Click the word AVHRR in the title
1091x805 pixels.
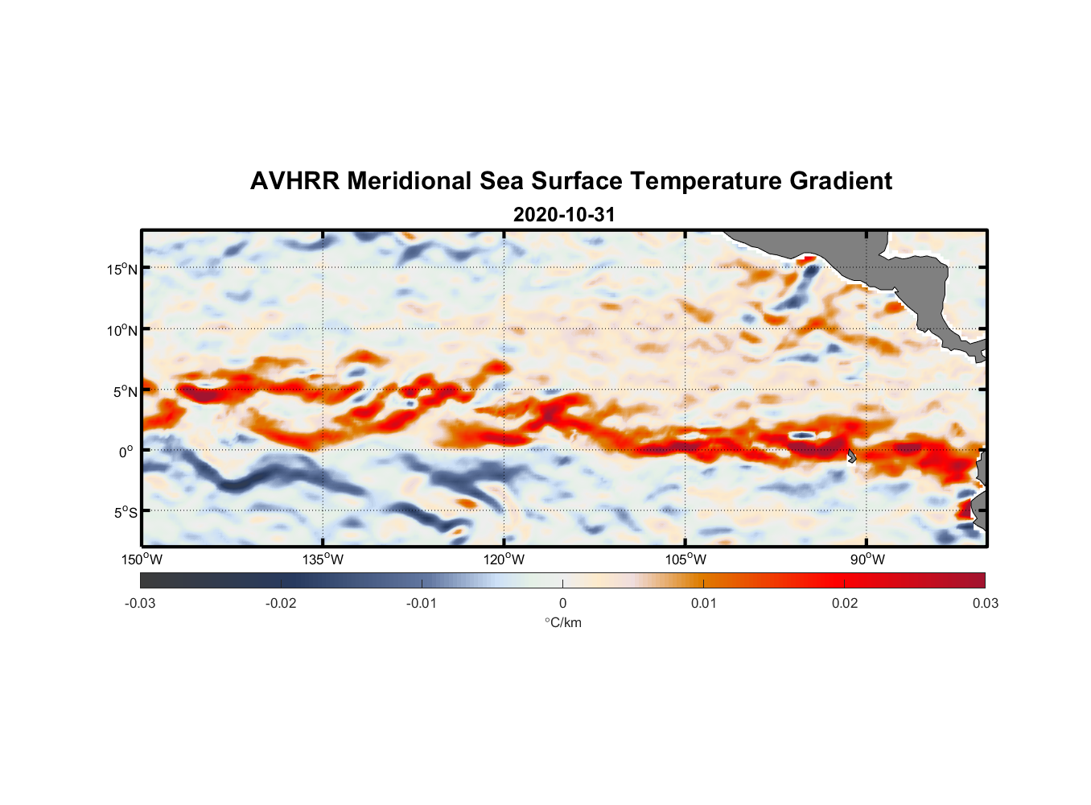point(294,181)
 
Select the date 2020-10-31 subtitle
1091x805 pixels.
point(564,215)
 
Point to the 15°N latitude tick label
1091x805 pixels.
point(121,269)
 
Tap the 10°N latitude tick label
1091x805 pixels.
point(121,330)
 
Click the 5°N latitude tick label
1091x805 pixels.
point(125,391)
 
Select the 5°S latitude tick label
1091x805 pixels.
point(125,512)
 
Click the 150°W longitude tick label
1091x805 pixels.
point(142,559)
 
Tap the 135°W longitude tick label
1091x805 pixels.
point(323,559)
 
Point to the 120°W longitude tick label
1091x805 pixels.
point(504,559)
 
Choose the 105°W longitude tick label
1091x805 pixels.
point(685,559)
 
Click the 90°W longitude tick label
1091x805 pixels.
point(867,559)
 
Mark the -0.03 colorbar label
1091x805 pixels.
point(140,604)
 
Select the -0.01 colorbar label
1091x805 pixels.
point(422,604)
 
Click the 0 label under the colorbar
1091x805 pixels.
point(562,604)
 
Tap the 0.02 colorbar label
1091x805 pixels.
point(844,604)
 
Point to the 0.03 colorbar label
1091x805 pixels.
point(985,604)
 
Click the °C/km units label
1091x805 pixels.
point(562,622)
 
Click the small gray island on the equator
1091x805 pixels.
point(851,456)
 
